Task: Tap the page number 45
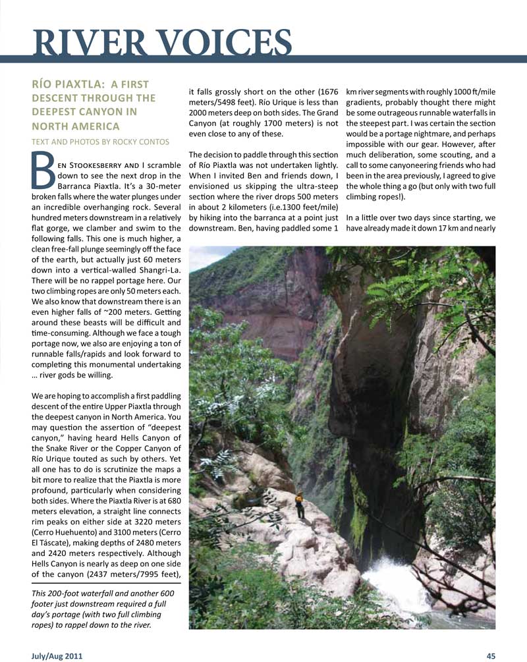tap(491, 655)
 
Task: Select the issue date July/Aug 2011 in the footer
tap(57, 655)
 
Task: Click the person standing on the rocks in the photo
tap(300, 505)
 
